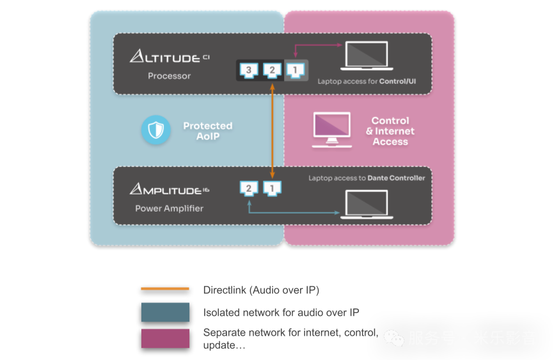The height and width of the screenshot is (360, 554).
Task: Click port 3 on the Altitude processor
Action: pyautogui.click(x=250, y=70)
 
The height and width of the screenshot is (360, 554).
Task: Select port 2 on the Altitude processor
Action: pyautogui.click(x=272, y=70)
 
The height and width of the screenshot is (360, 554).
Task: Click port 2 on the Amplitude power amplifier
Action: pyautogui.click(x=249, y=188)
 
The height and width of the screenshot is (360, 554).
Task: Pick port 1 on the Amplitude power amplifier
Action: pyautogui.click(x=271, y=188)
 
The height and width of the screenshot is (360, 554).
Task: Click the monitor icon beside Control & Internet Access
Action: pyautogui.click(x=331, y=130)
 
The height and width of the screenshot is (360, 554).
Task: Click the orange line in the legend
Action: pyautogui.click(x=165, y=289)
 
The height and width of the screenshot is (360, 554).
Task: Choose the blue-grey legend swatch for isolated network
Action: pyautogui.click(x=165, y=312)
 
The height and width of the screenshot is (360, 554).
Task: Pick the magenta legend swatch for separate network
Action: pyautogui.click(x=165, y=338)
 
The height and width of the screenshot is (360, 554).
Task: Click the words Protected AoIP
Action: pyautogui.click(x=207, y=130)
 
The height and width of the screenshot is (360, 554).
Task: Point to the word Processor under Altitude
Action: pyautogui.click(x=169, y=75)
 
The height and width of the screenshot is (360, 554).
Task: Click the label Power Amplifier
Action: pyautogui.click(x=169, y=208)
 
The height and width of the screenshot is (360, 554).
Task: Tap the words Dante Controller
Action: pyautogui.click(x=396, y=178)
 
